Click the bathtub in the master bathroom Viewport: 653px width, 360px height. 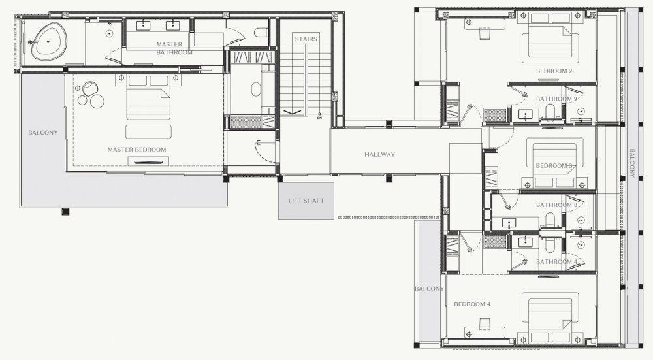point(48,41)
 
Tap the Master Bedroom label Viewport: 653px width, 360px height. point(136,150)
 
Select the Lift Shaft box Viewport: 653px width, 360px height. point(306,201)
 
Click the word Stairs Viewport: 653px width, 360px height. point(306,39)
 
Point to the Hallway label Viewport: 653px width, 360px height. point(380,155)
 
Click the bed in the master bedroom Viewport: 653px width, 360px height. point(149,98)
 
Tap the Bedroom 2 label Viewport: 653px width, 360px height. point(554,71)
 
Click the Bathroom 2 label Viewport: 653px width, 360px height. point(556,99)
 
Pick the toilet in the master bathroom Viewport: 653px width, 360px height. point(261,33)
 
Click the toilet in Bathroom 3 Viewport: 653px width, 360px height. point(550,220)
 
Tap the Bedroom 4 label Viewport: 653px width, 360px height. point(472,304)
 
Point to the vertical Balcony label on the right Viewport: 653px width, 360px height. point(631,163)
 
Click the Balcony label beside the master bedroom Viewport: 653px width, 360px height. point(43,133)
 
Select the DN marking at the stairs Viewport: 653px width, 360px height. point(319,118)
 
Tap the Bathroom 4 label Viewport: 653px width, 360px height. point(556,261)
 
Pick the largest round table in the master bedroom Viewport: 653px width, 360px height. point(98,101)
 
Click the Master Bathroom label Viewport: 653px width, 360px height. point(174,48)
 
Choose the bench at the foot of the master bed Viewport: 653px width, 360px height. point(148,132)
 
